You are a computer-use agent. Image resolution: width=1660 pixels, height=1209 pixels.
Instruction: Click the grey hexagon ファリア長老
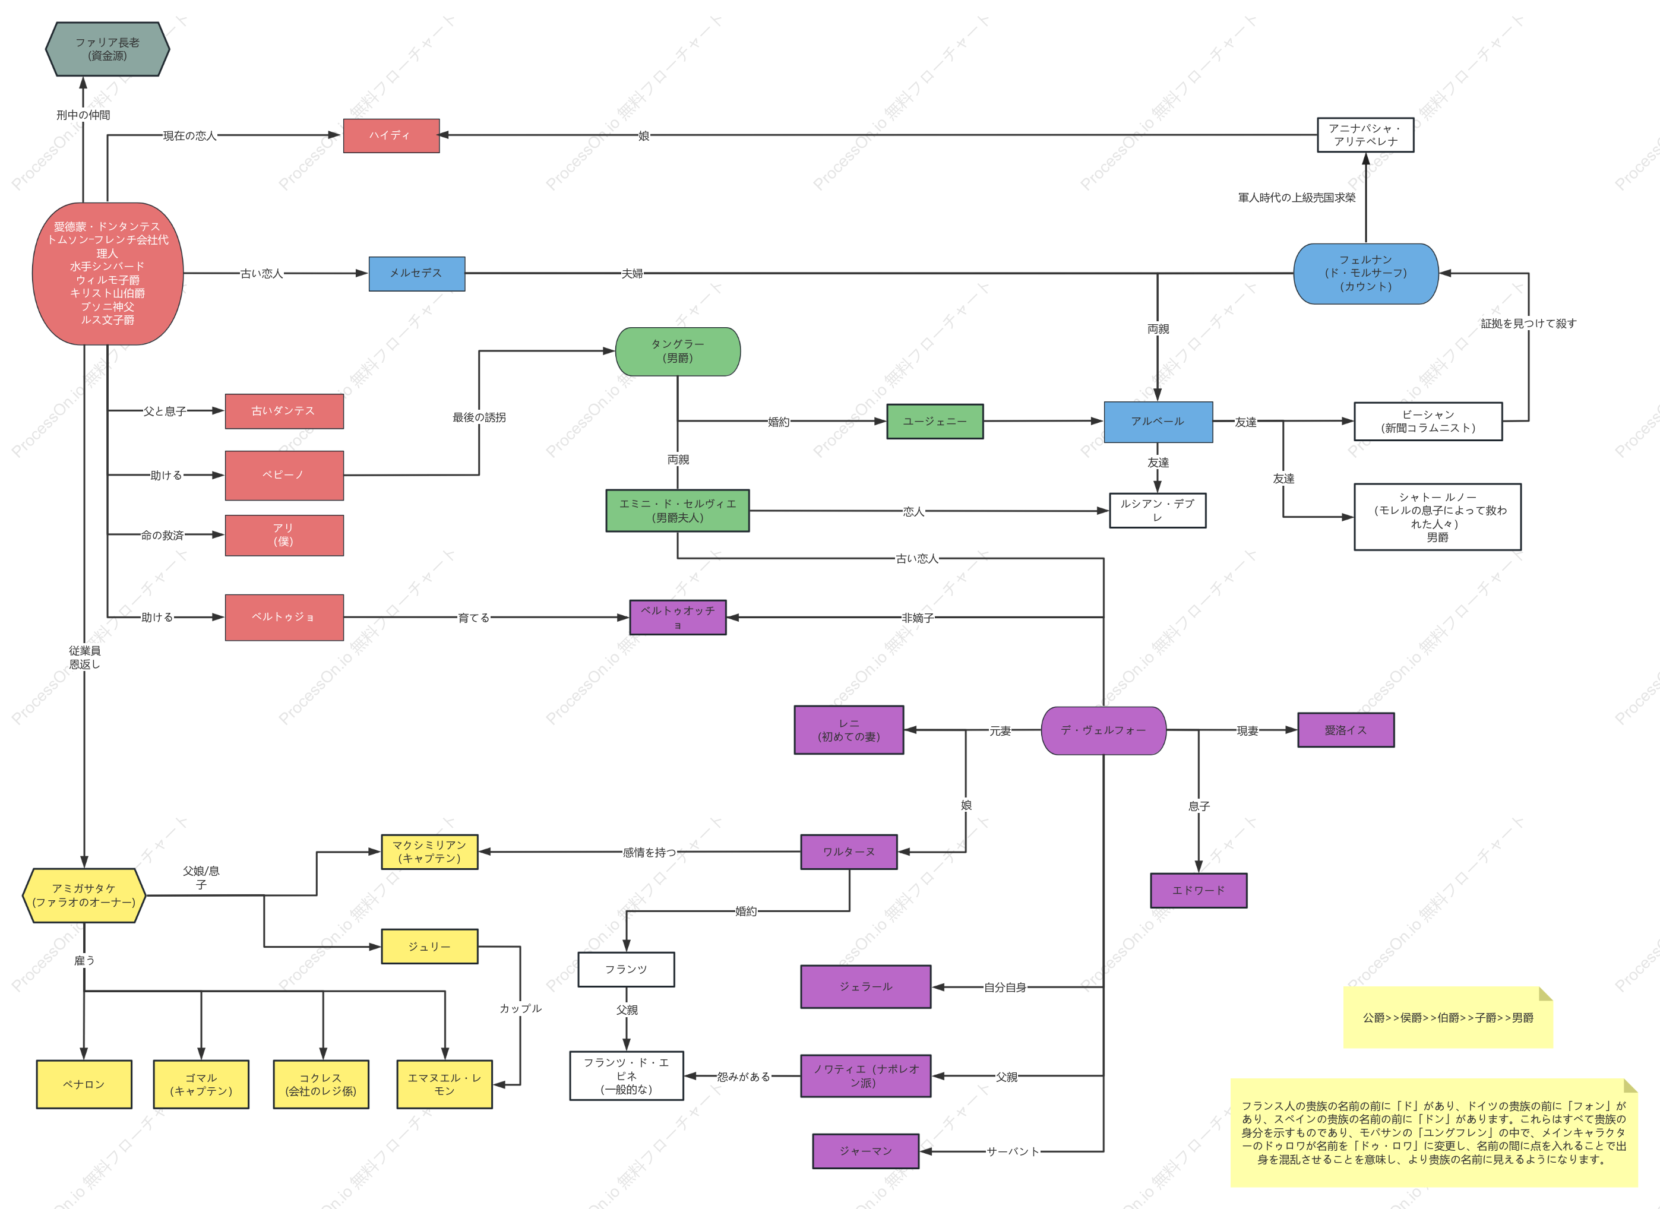[x=107, y=49]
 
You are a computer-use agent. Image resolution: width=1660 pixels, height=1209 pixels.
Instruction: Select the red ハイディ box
[x=391, y=135]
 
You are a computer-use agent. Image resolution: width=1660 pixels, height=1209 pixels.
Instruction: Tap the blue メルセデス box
[x=416, y=274]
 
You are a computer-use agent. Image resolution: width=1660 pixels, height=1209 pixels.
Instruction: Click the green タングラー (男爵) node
[x=678, y=352]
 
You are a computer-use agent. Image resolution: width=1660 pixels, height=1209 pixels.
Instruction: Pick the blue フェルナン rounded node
[x=1366, y=274]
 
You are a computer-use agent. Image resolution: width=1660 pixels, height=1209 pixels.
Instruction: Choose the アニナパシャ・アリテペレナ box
[x=1366, y=135]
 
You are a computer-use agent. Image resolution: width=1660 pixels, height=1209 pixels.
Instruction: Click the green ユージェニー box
[x=935, y=422]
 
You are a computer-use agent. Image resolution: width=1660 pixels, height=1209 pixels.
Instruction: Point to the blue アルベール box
[x=1158, y=422]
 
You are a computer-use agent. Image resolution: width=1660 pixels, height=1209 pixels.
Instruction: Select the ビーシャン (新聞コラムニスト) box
[x=1428, y=422]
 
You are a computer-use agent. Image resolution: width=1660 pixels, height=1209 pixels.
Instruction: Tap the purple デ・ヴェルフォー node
[x=1103, y=730]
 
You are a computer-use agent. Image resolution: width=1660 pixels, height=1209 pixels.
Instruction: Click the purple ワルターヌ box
[x=849, y=852]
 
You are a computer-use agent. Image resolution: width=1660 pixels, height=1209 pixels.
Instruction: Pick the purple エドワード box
[x=1199, y=891]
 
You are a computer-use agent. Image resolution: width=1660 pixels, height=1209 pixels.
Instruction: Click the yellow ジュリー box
[x=429, y=947]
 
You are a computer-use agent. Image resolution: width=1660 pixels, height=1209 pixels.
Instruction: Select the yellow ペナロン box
[x=84, y=1084]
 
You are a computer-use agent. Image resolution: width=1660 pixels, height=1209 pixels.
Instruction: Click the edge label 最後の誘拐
[x=479, y=417]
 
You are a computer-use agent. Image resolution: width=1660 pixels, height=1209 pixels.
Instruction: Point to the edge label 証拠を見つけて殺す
[x=1529, y=324]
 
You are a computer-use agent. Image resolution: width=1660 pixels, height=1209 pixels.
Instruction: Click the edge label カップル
[x=520, y=1008]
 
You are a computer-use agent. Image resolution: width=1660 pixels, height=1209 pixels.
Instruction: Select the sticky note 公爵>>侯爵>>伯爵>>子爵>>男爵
[x=1448, y=1017]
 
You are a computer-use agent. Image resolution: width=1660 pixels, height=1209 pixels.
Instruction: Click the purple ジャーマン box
[x=866, y=1151]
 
